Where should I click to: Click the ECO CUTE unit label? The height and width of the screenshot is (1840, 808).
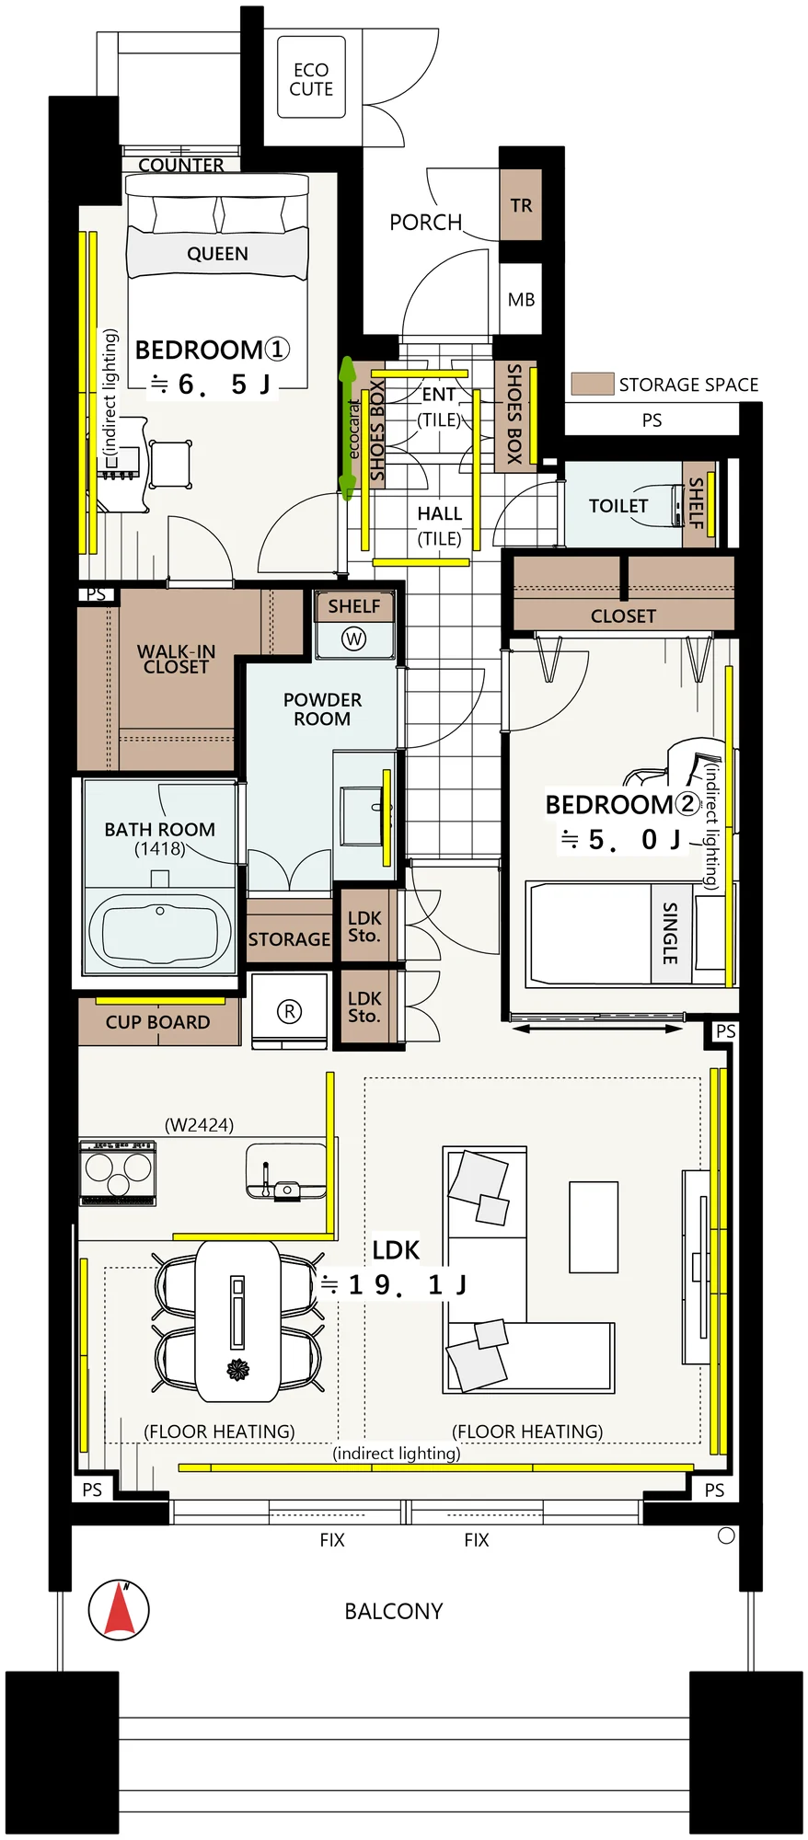[311, 80]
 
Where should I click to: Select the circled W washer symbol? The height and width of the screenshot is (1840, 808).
[354, 638]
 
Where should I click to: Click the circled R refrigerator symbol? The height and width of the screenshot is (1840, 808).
[289, 1012]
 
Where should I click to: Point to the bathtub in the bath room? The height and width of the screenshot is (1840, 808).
[160, 930]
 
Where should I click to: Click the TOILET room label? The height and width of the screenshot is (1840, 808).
[618, 506]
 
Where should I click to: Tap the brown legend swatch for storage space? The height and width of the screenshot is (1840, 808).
[592, 384]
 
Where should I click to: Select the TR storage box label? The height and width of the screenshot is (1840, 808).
[522, 205]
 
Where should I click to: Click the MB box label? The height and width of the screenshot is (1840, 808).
[521, 300]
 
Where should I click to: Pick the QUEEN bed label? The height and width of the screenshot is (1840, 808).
[217, 254]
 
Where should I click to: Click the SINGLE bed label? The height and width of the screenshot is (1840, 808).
[670, 933]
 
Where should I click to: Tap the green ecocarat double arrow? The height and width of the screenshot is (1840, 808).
[347, 429]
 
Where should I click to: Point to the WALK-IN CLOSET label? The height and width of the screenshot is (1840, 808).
[176, 659]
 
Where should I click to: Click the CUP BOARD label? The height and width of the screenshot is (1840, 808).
[157, 1022]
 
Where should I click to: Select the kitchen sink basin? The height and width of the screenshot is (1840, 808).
[286, 1172]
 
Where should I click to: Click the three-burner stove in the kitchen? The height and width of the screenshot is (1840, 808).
[118, 1173]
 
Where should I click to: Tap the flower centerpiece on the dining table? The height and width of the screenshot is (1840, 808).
[238, 1370]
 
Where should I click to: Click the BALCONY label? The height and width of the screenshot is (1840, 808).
[394, 1611]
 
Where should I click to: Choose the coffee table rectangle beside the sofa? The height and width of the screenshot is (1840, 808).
[594, 1227]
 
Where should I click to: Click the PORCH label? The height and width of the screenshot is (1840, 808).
[425, 223]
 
